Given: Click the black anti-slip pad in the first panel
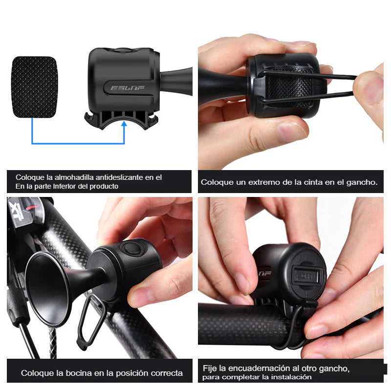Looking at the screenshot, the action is [34, 87].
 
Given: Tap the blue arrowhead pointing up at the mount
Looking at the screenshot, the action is [124, 124].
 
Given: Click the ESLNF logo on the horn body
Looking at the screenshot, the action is [128, 88].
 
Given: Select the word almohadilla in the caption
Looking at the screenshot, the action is [74, 177].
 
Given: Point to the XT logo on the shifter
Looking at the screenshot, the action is [17, 211].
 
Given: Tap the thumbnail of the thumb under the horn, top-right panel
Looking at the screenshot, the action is [291, 131].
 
